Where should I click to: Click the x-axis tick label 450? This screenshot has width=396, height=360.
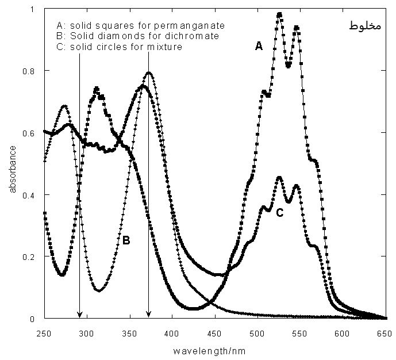pos(257,332)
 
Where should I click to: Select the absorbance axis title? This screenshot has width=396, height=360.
pos(12,168)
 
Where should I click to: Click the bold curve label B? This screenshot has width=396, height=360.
pos(126,241)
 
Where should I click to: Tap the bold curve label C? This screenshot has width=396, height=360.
pos(279,213)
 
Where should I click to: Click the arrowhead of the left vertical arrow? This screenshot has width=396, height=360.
pos(79,314)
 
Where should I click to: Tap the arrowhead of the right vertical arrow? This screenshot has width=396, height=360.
pos(148,314)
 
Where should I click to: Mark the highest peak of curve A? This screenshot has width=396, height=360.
pos(279,14)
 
